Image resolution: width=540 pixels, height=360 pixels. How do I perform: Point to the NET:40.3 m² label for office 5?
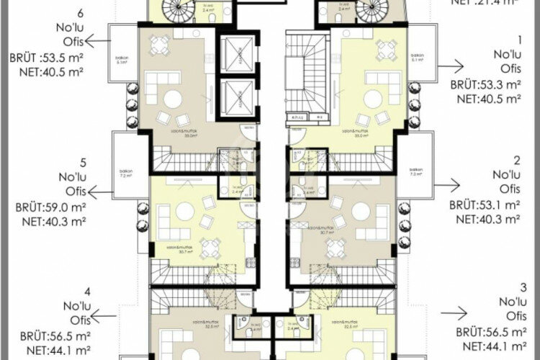[50, 221]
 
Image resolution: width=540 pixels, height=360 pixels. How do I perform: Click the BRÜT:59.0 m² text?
[50, 207]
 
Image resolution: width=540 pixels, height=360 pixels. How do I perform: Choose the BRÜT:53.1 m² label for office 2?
[485, 205]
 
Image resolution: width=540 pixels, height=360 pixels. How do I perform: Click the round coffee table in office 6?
[173, 100]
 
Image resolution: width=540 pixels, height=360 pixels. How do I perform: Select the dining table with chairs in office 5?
[210, 248]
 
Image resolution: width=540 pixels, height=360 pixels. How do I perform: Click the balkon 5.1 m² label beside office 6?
[121, 60]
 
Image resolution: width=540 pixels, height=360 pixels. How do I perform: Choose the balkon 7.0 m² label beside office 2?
[415, 173]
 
